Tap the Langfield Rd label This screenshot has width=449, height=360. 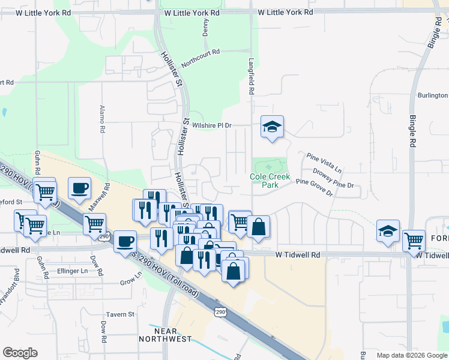252,76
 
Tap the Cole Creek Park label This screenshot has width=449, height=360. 270,181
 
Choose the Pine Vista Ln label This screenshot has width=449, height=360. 324,163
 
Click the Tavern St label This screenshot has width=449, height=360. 121,314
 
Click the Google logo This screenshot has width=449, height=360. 20,352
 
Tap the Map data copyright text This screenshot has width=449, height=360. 411,355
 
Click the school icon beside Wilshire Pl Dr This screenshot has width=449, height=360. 272,126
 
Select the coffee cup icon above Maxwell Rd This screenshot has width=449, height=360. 79,188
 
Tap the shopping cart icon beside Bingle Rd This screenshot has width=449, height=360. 414,241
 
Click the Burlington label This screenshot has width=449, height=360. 433,95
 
